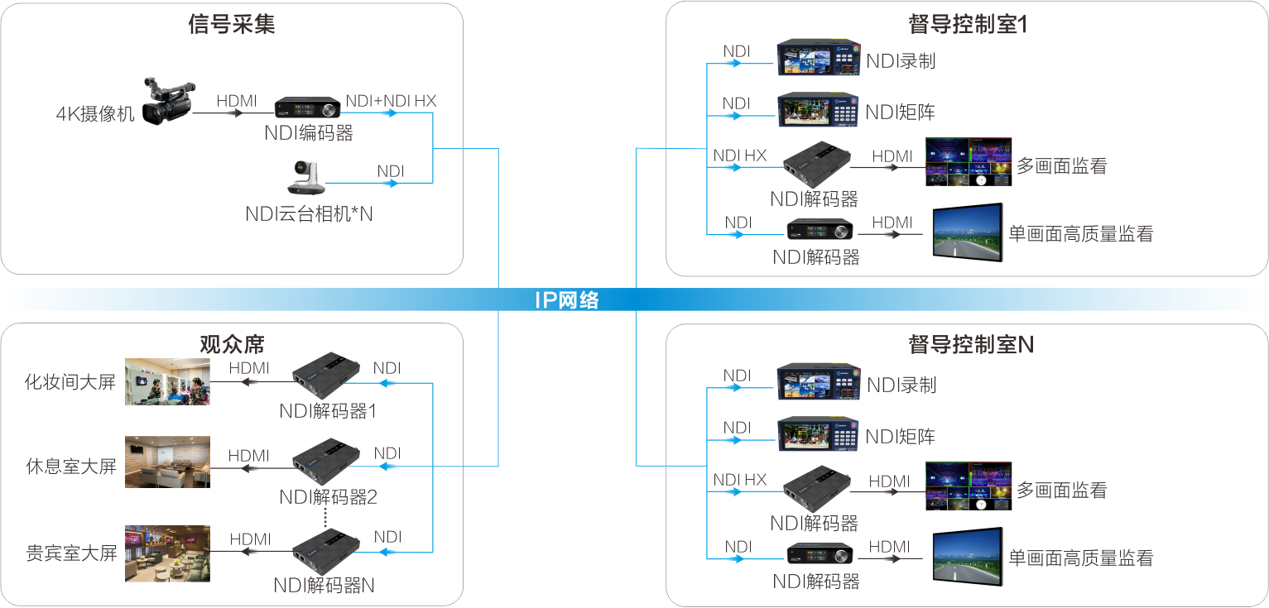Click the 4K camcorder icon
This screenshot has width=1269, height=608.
pos(168,101)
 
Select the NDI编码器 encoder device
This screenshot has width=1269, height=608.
pos(308,108)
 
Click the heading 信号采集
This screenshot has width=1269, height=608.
pos(232,25)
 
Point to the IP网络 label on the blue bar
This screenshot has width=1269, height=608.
pos(566,300)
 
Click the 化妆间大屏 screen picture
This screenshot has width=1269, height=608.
pos(167,381)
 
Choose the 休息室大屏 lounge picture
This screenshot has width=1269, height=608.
pos(167,462)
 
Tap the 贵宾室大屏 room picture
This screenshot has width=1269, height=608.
pos(167,553)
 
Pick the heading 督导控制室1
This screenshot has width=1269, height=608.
pos(967,25)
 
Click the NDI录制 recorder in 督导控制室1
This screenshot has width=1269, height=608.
pos(818,59)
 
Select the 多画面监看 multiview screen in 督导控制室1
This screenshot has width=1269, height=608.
pos(968,162)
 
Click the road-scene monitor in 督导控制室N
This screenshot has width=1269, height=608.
pos(968,557)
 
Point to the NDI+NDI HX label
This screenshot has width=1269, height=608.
pos(391,101)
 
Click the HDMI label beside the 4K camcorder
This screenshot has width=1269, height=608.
pos(237,101)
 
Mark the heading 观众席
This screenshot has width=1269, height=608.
pos(232,342)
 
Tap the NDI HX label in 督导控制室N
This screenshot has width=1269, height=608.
pos(739,480)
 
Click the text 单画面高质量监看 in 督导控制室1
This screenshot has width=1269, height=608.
pos(1080,234)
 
